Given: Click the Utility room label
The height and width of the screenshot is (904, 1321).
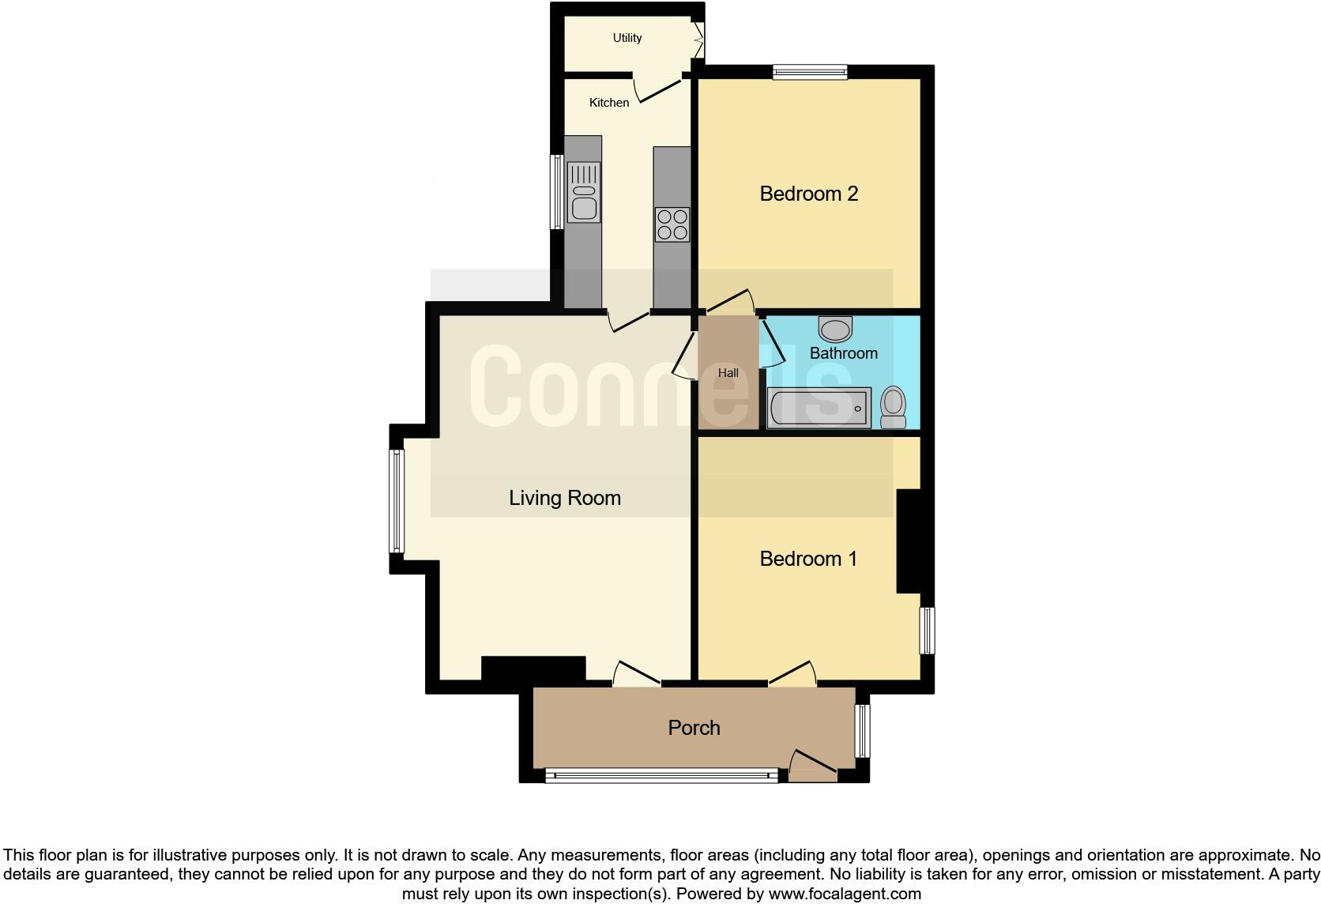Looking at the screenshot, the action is (x=627, y=39).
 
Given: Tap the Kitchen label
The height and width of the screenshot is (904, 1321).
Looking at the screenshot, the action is (x=609, y=103).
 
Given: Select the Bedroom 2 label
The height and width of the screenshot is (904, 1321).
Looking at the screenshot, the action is (x=808, y=194).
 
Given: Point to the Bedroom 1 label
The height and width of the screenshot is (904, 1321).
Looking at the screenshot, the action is (x=808, y=559).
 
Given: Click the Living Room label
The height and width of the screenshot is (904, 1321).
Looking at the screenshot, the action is (x=565, y=499).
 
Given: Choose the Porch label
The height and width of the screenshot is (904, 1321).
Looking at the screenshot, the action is (x=694, y=728).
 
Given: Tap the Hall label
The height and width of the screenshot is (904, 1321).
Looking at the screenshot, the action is (x=728, y=373).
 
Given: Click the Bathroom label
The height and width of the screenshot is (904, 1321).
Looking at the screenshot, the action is (x=843, y=353).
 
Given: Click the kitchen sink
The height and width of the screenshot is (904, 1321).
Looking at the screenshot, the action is (x=584, y=192).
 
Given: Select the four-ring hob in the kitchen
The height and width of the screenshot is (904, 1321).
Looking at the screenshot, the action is (x=672, y=224).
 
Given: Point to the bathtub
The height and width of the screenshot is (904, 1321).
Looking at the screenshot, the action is (x=819, y=408).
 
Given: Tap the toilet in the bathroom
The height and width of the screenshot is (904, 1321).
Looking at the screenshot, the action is (x=894, y=407).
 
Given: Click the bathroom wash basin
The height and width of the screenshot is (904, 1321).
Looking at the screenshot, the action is (x=835, y=330).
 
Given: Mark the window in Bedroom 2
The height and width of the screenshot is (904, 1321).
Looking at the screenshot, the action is (x=811, y=72).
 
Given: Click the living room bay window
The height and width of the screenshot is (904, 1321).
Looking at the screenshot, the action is (x=397, y=502).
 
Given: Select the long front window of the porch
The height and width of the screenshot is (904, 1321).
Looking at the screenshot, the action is (x=661, y=775).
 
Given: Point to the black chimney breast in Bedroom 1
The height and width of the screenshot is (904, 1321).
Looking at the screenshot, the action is (x=909, y=541).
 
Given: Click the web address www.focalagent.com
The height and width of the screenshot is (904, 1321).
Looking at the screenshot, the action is (x=845, y=894).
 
